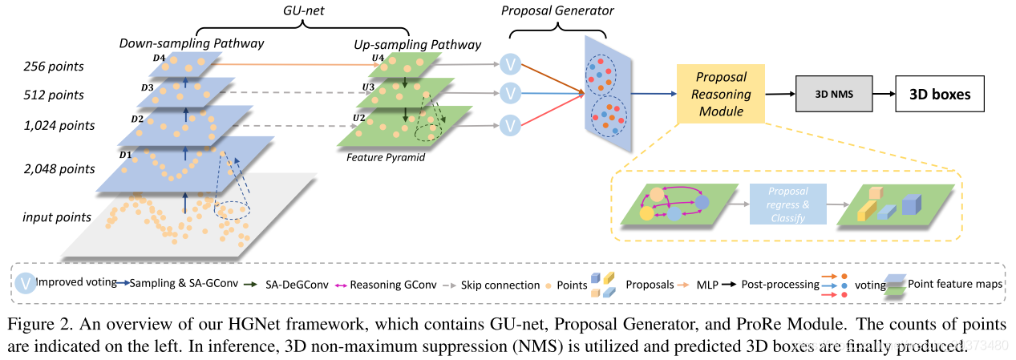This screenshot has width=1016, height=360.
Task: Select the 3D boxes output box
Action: (939, 94)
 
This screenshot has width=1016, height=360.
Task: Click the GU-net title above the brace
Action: (304, 10)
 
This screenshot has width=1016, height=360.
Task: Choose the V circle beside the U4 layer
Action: (510, 64)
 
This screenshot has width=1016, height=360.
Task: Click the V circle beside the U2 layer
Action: (510, 124)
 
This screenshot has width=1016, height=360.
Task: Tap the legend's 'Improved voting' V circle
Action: (26, 283)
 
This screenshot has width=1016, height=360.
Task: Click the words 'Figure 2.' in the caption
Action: (34, 325)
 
